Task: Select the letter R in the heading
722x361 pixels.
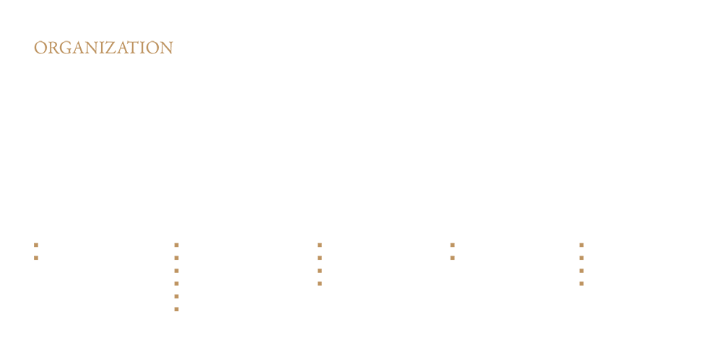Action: click(x=53, y=48)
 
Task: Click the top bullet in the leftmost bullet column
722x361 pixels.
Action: click(x=36, y=245)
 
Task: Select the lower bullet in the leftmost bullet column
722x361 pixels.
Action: click(x=36, y=258)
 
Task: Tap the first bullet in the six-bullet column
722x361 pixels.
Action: click(x=176, y=245)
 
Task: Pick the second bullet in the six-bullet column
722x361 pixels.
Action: click(x=176, y=258)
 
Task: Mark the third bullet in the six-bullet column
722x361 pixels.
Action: click(x=176, y=271)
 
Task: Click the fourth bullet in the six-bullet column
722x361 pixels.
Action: click(x=176, y=284)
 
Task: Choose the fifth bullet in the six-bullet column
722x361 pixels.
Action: click(x=176, y=297)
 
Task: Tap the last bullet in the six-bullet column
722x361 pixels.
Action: click(x=176, y=310)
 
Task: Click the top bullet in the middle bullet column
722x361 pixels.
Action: click(x=320, y=245)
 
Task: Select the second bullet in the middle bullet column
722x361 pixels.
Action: click(x=320, y=258)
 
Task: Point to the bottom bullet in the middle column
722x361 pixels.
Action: click(x=320, y=284)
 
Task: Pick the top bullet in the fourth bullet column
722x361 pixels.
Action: click(x=453, y=245)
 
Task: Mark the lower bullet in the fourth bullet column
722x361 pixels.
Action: click(x=453, y=258)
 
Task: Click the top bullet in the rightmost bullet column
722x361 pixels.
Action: click(x=581, y=245)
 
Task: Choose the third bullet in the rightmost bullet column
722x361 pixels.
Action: click(x=581, y=271)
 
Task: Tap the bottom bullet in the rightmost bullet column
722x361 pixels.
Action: click(x=581, y=284)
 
